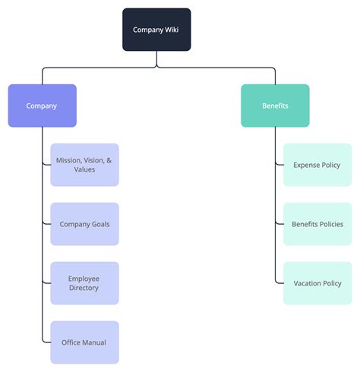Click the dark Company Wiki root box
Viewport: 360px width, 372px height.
pos(156,30)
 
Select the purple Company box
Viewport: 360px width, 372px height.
pos(42,106)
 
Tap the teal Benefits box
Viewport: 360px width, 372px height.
pos(275,106)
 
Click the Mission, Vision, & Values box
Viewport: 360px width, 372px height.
pos(84,165)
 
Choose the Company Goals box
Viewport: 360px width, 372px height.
pos(84,224)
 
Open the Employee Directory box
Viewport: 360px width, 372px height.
pos(84,283)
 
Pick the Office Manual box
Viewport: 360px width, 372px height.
pos(84,342)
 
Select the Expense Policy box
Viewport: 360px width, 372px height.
pos(317,165)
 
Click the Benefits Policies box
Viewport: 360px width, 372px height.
pos(317,224)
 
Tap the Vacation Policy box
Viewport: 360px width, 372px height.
pos(317,283)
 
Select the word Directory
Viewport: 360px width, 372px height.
pos(84,288)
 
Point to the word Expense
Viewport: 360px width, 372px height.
pos(305,165)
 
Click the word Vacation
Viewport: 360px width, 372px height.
pos(308,283)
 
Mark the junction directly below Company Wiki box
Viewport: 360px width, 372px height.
pos(156,68)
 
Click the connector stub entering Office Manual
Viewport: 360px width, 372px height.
pos(46,342)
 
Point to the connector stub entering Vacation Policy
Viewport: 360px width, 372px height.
pos(279,283)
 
